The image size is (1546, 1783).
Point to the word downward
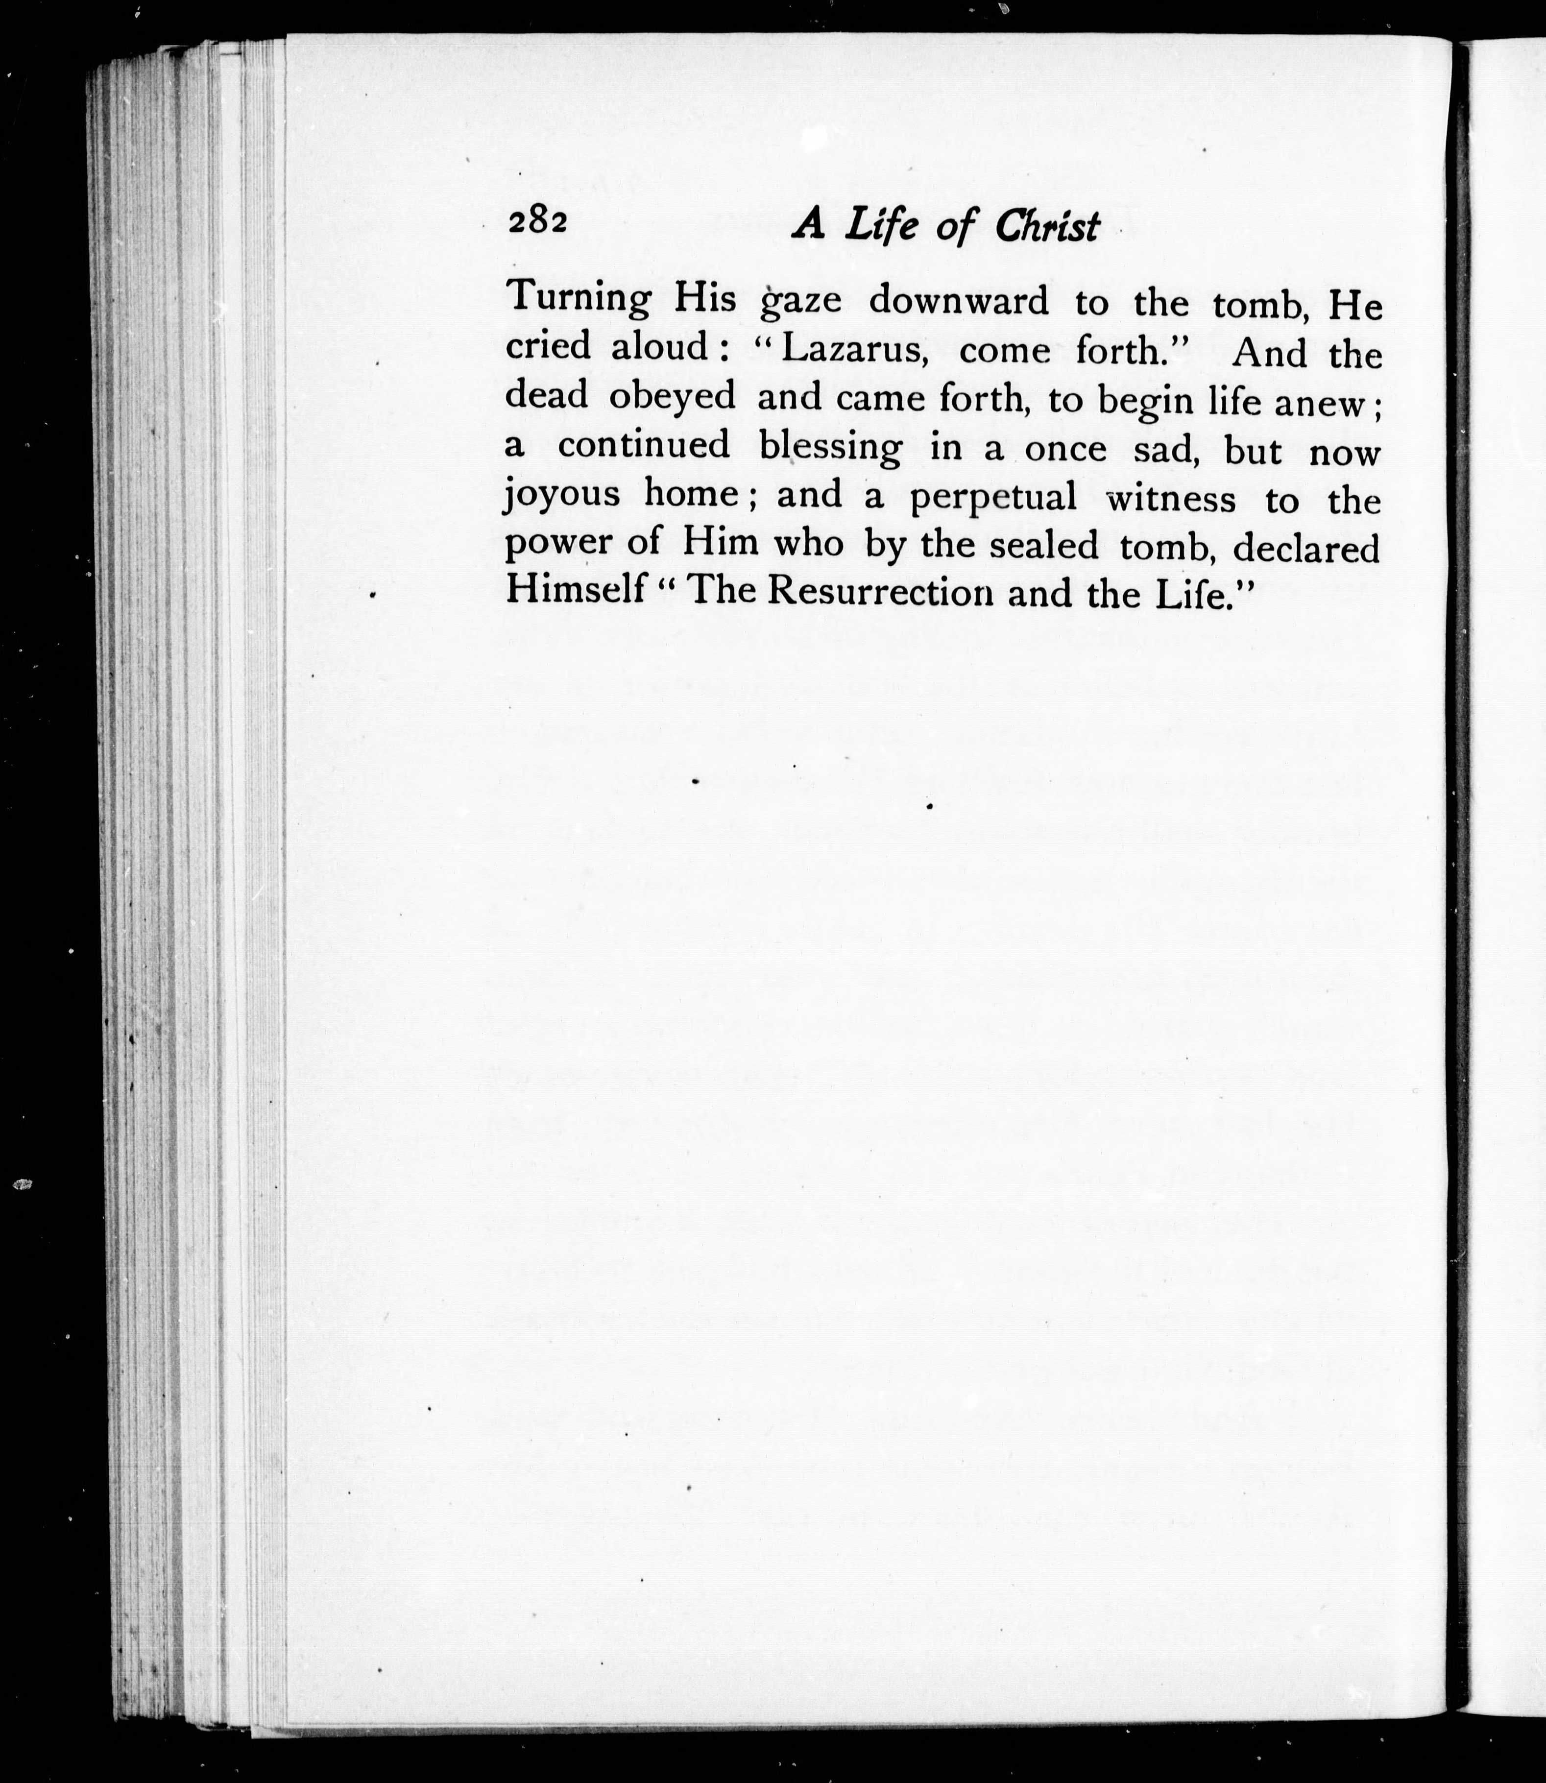click(959, 302)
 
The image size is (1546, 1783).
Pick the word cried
click(548, 347)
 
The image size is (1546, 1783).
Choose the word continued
click(644, 445)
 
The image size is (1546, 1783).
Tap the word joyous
click(562, 497)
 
